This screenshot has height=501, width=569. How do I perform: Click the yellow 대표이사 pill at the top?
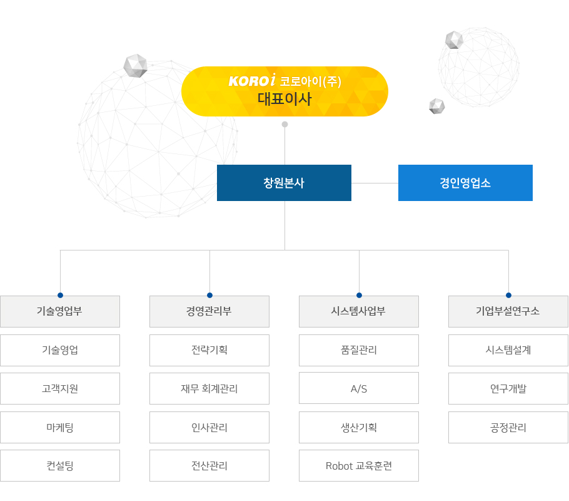point(284,91)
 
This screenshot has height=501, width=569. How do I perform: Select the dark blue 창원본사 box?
point(284,183)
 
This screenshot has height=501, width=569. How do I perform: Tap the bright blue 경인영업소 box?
point(465,183)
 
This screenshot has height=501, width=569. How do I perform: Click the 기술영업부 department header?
point(60,312)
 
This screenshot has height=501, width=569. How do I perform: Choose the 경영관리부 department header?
point(209,312)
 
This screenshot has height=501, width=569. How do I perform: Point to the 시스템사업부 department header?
point(359,312)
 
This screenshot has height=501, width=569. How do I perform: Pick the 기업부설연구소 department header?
point(508,312)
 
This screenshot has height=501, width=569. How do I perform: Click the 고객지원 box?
point(60,389)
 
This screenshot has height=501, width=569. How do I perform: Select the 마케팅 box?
point(60,427)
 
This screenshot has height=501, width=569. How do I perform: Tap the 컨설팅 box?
point(60,466)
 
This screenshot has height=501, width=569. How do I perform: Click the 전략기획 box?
point(209,350)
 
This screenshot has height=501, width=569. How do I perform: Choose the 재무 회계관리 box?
point(209,389)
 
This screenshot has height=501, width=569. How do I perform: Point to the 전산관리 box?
point(209,466)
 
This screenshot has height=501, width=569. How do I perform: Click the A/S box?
point(359,388)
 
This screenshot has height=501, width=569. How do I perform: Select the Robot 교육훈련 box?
point(359,466)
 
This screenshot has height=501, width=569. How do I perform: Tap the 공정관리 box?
point(508,427)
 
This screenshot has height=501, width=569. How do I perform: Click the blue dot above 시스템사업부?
point(360,295)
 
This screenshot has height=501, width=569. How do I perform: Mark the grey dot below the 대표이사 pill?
point(285,125)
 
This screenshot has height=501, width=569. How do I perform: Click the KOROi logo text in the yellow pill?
point(252,81)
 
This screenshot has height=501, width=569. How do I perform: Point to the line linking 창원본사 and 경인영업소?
point(375,183)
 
